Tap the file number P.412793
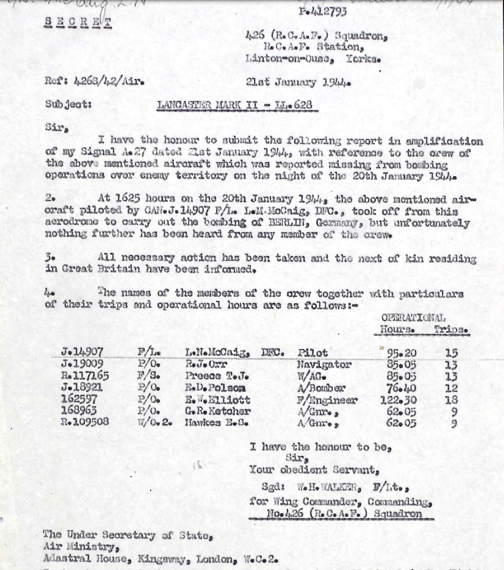point(323,10)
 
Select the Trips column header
point(451,330)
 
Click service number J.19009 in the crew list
point(82,365)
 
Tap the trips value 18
point(451,400)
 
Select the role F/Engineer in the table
point(327,400)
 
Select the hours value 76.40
point(402,388)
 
